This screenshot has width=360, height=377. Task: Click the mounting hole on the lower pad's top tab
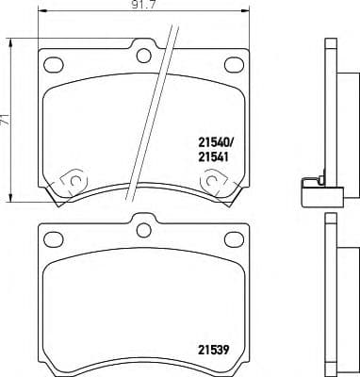[144, 229]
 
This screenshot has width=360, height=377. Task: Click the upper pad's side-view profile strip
[330, 113]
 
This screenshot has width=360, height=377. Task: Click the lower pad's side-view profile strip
[330, 292]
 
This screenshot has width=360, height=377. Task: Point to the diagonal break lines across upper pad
[160, 104]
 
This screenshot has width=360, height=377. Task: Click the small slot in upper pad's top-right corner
[232, 65]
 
